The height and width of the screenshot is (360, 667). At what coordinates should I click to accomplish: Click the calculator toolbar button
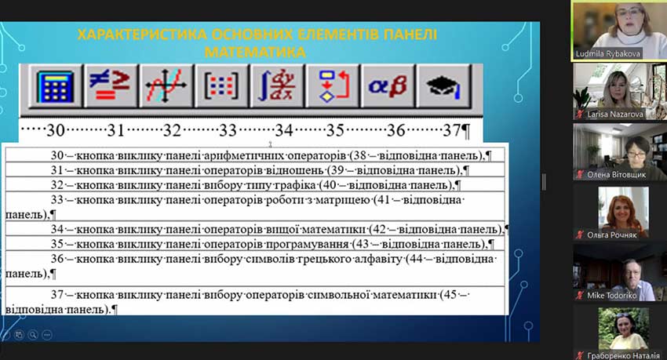pyautogui.click(x=55, y=87)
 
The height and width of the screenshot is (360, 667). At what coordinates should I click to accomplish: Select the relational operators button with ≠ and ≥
pyautogui.click(x=110, y=87)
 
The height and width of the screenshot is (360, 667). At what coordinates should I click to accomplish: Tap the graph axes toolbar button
pyautogui.click(x=166, y=87)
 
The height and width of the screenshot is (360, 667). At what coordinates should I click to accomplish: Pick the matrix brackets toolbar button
pyautogui.click(x=221, y=87)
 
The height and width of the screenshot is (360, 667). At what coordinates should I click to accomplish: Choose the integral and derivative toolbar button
pyautogui.click(x=276, y=87)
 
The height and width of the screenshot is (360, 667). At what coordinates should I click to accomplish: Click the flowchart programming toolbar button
pyautogui.click(x=332, y=87)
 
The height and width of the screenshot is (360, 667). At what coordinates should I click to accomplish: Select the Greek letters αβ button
pyautogui.click(x=387, y=87)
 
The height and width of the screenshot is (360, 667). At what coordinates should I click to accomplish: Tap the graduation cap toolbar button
pyautogui.click(x=443, y=87)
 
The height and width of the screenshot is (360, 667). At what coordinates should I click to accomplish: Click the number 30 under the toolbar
pyautogui.click(x=55, y=130)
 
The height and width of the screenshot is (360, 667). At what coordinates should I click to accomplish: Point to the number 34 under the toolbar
pyautogui.click(x=284, y=130)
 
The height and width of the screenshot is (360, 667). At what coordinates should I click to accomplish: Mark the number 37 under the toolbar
pyautogui.click(x=452, y=130)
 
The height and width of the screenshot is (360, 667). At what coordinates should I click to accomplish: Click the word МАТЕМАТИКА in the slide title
pyautogui.click(x=255, y=53)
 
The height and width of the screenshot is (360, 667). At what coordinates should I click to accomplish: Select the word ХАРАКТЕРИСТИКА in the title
pyautogui.click(x=142, y=35)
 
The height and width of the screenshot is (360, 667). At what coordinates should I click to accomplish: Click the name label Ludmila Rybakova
pyautogui.click(x=607, y=54)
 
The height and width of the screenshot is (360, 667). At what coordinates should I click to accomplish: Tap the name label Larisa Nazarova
pyautogui.click(x=615, y=115)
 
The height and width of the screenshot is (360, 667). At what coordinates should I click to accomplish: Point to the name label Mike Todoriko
pyautogui.click(x=612, y=296)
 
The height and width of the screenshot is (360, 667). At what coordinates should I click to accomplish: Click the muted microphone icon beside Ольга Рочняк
pyautogui.click(x=579, y=235)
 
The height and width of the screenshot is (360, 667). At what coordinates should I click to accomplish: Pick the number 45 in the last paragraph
pyautogui.click(x=450, y=294)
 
